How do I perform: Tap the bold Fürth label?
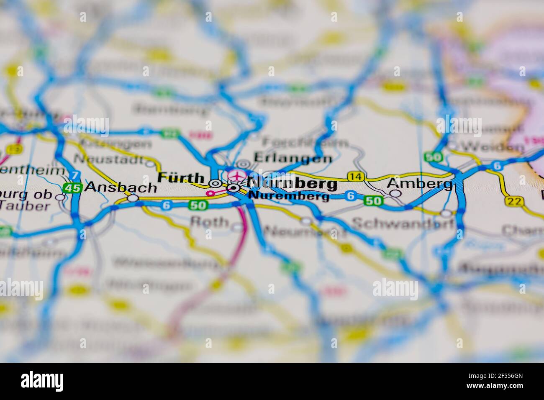(x=180, y=177)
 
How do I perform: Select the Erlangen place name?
(x=293, y=159)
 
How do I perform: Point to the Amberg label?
(x=419, y=183)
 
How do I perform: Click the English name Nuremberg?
(x=289, y=196)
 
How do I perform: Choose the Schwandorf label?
(x=402, y=224)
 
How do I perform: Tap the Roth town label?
(x=209, y=222)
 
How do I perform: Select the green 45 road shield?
(x=72, y=188)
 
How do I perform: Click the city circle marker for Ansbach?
(x=133, y=198)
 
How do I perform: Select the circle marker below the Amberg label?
(x=395, y=193)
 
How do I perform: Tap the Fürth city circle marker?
(x=215, y=183)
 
